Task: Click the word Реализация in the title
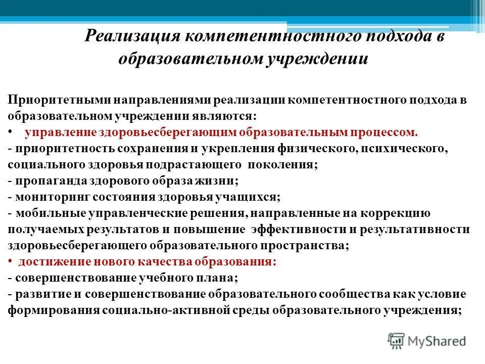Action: coord(132,38)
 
